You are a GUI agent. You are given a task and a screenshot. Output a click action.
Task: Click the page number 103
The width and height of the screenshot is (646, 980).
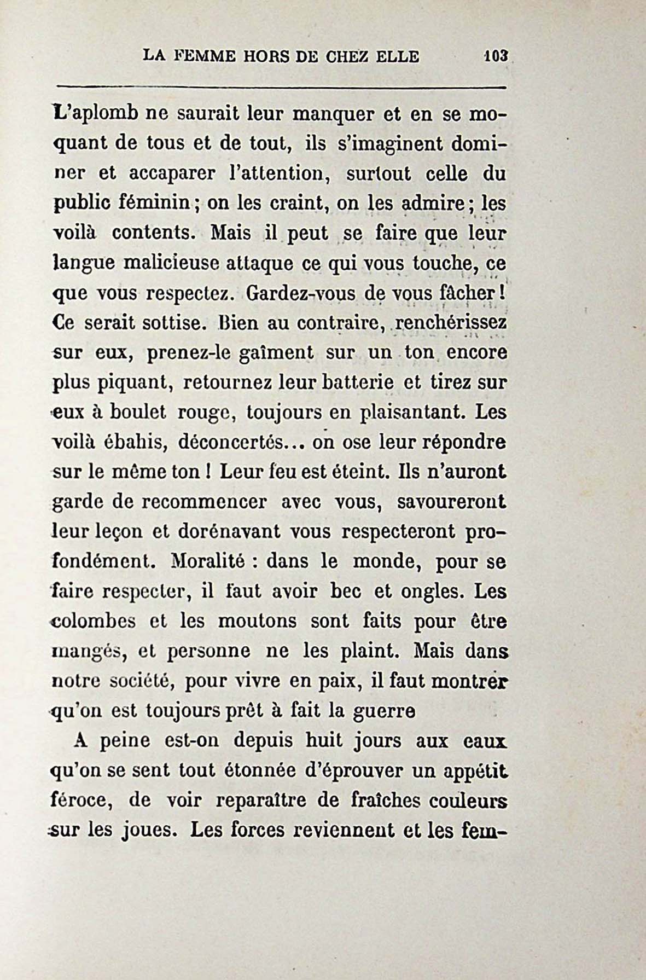click(x=496, y=56)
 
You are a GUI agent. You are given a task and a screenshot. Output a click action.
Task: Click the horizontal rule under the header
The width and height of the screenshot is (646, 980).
click(x=282, y=86)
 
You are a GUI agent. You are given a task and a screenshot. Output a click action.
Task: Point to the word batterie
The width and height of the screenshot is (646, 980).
click(x=359, y=382)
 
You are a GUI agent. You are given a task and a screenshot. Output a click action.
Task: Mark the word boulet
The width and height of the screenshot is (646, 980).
click(x=138, y=412)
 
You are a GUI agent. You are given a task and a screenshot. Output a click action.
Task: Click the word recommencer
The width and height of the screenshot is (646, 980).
click(x=205, y=502)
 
